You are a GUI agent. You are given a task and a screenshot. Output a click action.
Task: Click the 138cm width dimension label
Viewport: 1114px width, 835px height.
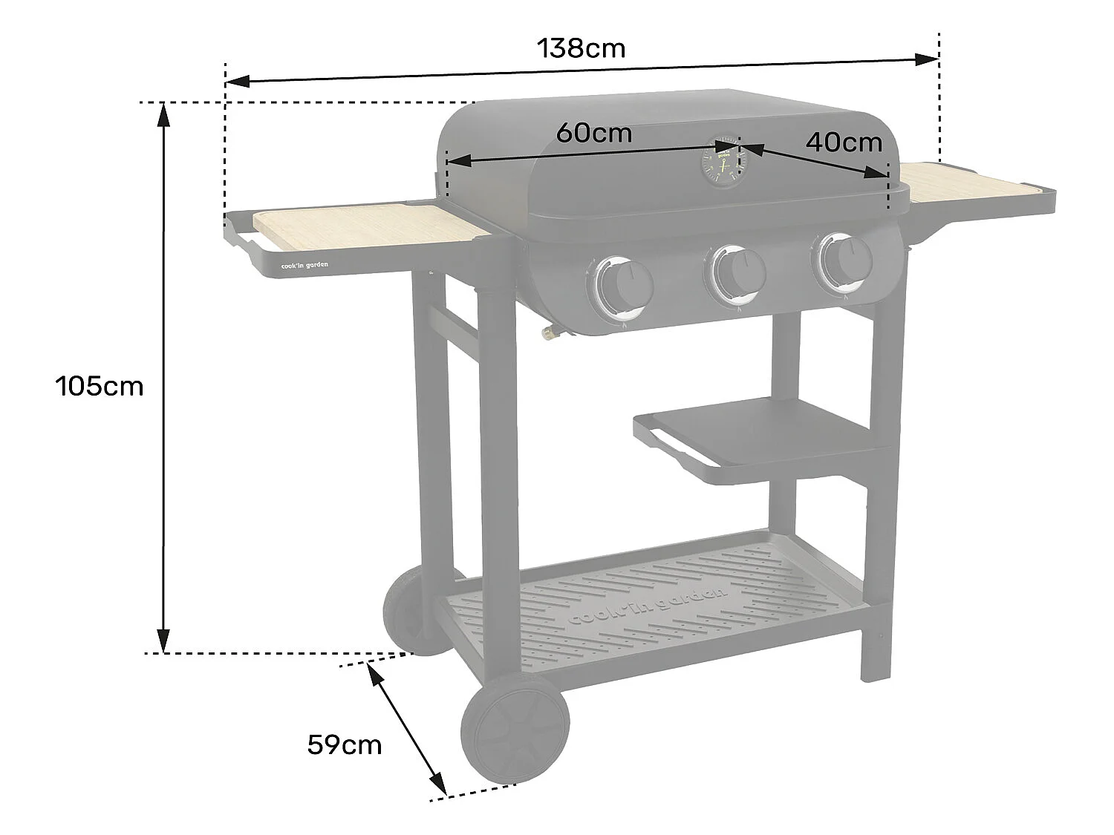coord(581,49)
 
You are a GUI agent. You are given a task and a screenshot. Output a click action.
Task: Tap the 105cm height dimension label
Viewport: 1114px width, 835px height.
coord(99,386)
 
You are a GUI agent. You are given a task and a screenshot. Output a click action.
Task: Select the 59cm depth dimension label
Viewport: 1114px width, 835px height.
coord(345,744)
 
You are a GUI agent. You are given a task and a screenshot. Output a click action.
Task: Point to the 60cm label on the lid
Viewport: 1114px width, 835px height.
coord(594,133)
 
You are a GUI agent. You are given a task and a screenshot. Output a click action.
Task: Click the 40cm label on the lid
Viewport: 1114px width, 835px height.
coord(844,142)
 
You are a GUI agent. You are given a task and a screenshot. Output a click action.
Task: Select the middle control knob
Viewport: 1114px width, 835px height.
coord(736,274)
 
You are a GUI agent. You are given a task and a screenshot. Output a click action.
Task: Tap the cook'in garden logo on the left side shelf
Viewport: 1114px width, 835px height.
coord(304,264)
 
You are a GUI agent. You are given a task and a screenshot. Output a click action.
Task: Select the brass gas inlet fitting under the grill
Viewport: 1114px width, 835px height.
coord(549,333)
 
